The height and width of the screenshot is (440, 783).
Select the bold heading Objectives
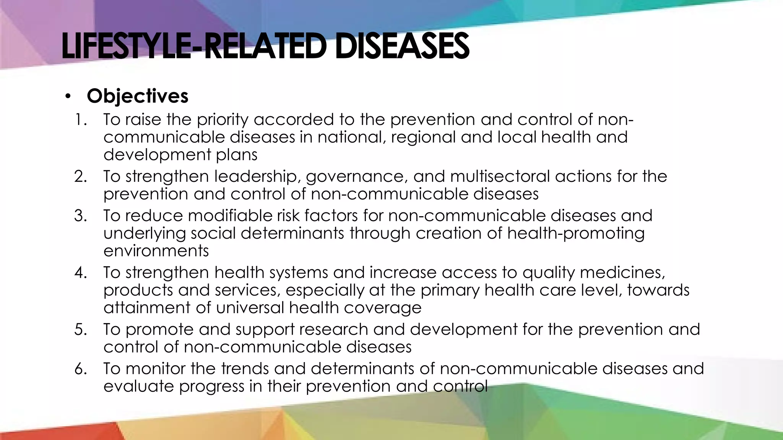137,96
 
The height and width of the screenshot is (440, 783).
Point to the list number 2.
81,176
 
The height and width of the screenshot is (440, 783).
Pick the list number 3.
81,216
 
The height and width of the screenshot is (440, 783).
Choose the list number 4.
81,273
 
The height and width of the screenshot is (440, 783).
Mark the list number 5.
81,329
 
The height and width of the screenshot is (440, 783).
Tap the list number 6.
81,369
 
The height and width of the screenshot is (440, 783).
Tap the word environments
156,251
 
